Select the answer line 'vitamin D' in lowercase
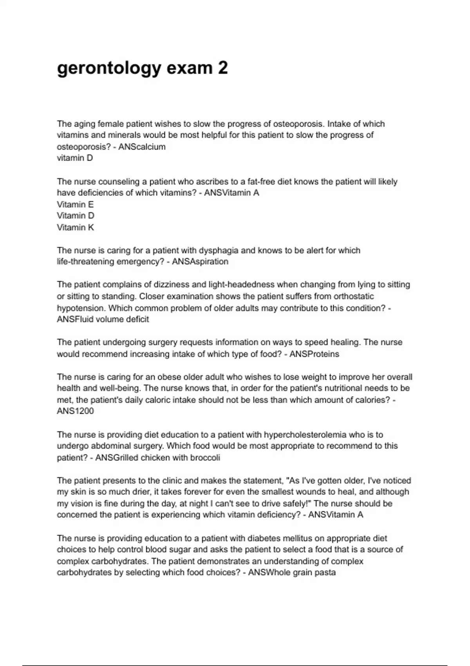click(75, 158)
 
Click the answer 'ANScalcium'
click(142, 147)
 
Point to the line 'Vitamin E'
click(75, 204)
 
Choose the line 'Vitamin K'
click(75, 227)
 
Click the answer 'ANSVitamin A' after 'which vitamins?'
click(231, 193)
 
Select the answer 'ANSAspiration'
click(200, 262)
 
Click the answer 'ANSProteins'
click(314, 354)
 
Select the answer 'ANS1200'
click(75, 411)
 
